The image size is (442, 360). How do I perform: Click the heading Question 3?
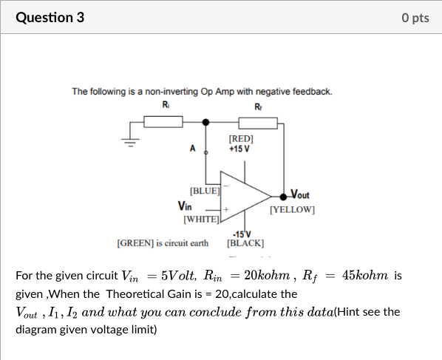click(50, 17)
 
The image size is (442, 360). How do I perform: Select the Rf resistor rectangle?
click(258, 122)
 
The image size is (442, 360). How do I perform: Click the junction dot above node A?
click(206, 122)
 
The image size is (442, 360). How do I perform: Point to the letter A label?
click(194, 148)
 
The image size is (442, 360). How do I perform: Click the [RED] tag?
click(241, 138)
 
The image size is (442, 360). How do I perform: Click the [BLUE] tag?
click(205, 191)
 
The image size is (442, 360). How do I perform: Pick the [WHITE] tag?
click(201, 219)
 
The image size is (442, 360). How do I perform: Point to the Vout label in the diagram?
click(300, 195)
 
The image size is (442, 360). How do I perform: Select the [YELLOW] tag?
click(293, 210)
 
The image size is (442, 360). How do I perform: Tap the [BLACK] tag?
click(245, 242)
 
